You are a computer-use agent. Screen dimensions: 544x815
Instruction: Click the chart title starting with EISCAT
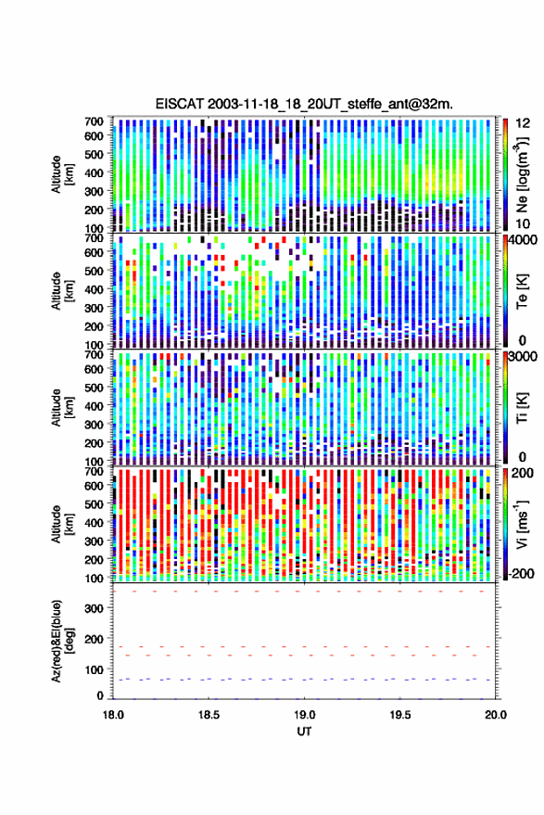pyautogui.click(x=304, y=104)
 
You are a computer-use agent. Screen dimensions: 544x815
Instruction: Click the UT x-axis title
pyautogui.click(x=304, y=732)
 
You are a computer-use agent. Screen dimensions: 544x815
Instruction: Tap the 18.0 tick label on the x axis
pyautogui.click(x=113, y=715)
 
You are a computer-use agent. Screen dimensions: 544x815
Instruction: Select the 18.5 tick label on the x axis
pyautogui.click(x=209, y=715)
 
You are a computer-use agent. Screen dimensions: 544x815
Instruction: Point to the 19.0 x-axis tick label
pyautogui.click(x=304, y=715)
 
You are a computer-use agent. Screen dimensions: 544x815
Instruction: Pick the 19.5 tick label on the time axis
pyautogui.click(x=399, y=715)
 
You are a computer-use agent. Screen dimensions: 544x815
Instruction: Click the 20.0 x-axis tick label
pyautogui.click(x=495, y=715)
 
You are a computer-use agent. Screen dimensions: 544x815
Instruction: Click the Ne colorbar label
pyautogui.click(x=522, y=174)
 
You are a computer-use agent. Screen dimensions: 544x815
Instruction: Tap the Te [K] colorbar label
pyautogui.click(x=522, y=291)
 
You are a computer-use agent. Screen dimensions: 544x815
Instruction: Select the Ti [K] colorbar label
pyautogui.click(x=522, y=408)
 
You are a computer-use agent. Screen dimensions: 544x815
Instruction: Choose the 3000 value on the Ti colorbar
pyautogui.click(x=524, y=357)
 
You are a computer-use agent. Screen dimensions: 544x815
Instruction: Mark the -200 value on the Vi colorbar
pyautogui.click(x=522, y=574)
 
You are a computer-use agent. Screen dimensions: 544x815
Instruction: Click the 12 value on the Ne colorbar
pyautogui.click(x=523, y=123)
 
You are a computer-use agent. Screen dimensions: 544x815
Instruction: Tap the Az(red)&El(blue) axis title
pyautogui.click(x=62, y=641)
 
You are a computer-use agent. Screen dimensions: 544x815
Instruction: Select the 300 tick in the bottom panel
pyautogui.click(x=94, y=608)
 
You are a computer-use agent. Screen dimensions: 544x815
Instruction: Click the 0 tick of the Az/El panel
pyautogui.click(x=100, y=695)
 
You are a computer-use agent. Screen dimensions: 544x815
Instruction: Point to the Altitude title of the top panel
pyautogui.click(x=62, y=174)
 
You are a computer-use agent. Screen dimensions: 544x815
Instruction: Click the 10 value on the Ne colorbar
pyautogui.click(x=523, y=224)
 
